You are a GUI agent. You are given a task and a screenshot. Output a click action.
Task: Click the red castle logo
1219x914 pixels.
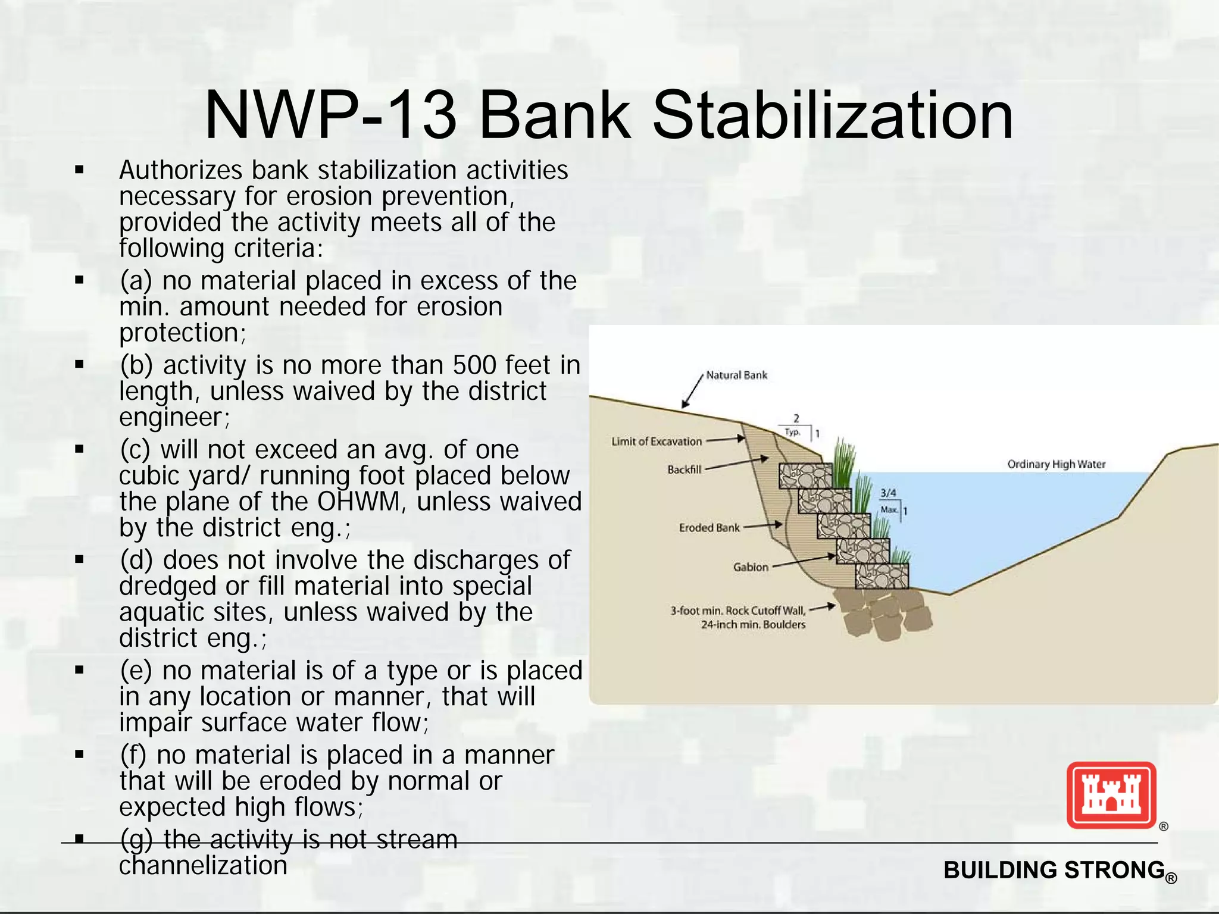tap(1111, 795)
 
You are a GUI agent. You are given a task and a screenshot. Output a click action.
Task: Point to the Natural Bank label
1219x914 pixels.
tap(736, 375)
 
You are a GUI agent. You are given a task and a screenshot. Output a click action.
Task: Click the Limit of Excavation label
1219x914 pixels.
tap(657, 442)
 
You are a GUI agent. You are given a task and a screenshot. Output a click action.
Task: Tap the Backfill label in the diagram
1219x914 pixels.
tap(684, 469)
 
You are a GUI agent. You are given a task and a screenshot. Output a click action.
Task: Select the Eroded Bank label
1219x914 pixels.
tap(709, 528)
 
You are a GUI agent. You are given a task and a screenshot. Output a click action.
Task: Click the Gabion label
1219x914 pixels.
tap(751, 567)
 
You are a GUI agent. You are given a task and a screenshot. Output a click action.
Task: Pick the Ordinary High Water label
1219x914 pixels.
tap(1056, 464)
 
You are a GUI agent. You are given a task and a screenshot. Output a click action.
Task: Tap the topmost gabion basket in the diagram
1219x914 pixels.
tap(805, 475)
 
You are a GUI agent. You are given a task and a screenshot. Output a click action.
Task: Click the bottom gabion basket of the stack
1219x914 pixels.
tap(882, 576)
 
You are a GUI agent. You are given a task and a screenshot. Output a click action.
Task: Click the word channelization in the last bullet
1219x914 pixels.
tap(203, 866)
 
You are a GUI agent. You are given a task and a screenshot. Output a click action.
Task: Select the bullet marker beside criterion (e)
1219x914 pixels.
tap(79, 671)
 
